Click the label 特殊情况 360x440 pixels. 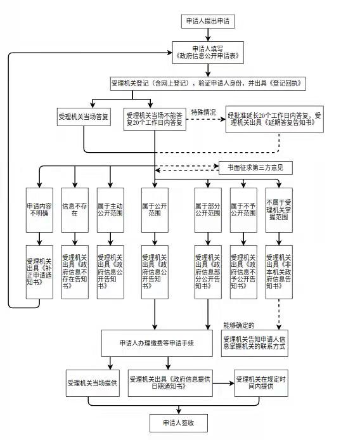pos(203,112)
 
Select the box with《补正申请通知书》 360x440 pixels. pos(40,273)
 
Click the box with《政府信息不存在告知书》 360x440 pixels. pos(75,273)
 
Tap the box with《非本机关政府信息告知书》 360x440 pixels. pos(278,273)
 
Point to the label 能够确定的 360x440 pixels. pos(238,325)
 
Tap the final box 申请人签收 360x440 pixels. pos(178,422)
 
